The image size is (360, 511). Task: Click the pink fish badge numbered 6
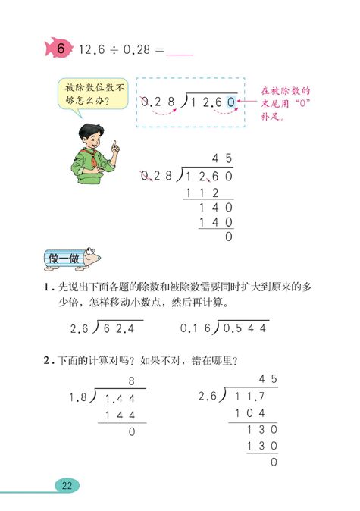coord(58,49)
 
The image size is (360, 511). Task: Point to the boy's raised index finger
coord(114,144)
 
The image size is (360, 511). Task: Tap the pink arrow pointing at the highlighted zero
coord(248,99)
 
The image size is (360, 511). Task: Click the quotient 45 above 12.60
coord(222,158)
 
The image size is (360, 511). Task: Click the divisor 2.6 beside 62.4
coord(79,328)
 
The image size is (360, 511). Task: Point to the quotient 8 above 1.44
coord(131,381)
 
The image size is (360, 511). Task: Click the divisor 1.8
coord(78,397)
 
